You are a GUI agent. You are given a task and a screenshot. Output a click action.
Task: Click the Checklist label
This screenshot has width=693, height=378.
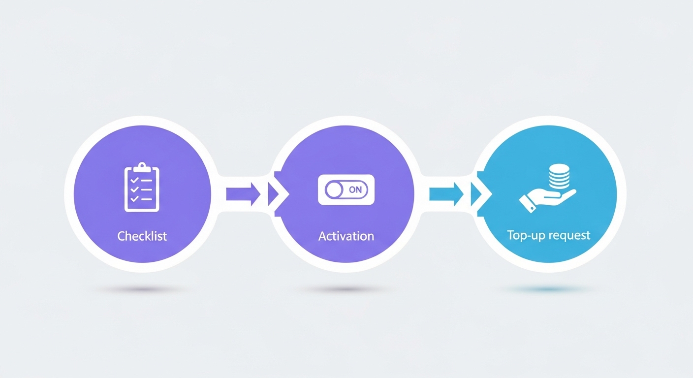pos(142,236)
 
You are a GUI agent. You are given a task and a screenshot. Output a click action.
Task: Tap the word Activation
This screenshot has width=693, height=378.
pos(346,236)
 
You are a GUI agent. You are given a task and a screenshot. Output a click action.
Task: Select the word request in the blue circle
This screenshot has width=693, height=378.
pos(567,235)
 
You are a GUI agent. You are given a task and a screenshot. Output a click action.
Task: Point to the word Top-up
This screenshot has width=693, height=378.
pos(525,235)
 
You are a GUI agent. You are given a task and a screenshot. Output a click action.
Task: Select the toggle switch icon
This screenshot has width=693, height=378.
pos(346,189)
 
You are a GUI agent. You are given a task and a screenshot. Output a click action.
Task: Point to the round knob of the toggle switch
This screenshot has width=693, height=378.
pos(335,189)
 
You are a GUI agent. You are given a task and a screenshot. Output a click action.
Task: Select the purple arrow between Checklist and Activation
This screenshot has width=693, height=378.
pos(243,193)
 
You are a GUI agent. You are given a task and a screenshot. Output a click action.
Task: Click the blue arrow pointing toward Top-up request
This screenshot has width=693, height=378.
pos(446,193)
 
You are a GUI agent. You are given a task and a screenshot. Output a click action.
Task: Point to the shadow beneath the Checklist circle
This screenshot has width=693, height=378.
pos(142,290)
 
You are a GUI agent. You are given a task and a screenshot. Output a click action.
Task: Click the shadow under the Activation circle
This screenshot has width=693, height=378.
pos(346,290)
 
